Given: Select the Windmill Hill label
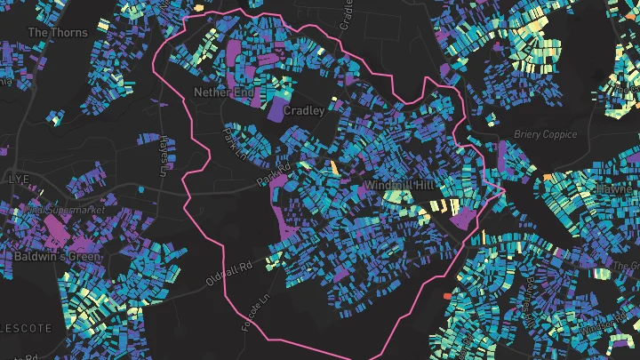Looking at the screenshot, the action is click(x=398, y=185).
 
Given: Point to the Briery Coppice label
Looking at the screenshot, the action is click(x=546, y=135).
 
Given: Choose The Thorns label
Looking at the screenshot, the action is click(x=58, y=33).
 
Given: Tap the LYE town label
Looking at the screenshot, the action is click(x=18, y=179).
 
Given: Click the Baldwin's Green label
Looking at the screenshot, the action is click(x=58, y=256).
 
